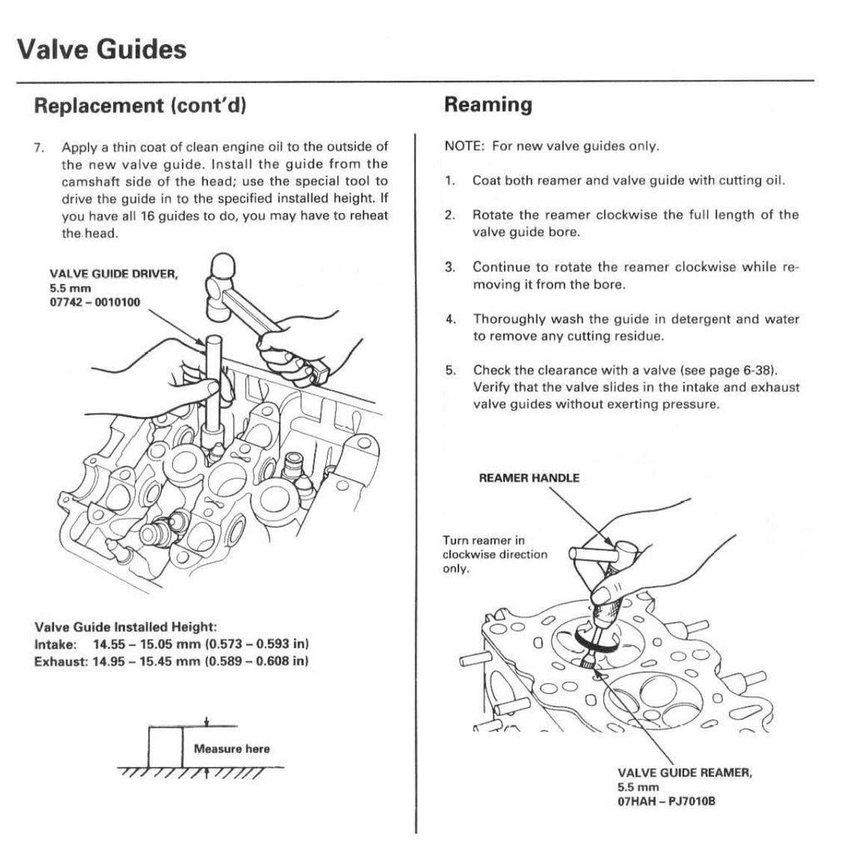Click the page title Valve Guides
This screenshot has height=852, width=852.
pyautogui.click(x=101, y=49)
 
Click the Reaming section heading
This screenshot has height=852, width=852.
pyautogui.click(x=488, y=105)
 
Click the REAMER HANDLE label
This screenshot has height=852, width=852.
pyautogui.click(x=529, y=478)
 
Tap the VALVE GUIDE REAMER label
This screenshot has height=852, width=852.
pyautogui.click(x=685, y=772)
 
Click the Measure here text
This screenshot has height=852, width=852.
pyautogui.click(x=231, y=749)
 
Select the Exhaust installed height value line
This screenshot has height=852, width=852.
pyautogui.click(x=171, y=661)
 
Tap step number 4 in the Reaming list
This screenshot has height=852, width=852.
pyautogui.click(x=448, y=319)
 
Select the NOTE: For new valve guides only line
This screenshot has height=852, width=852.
pyautogui.click(x=552, y=146)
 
